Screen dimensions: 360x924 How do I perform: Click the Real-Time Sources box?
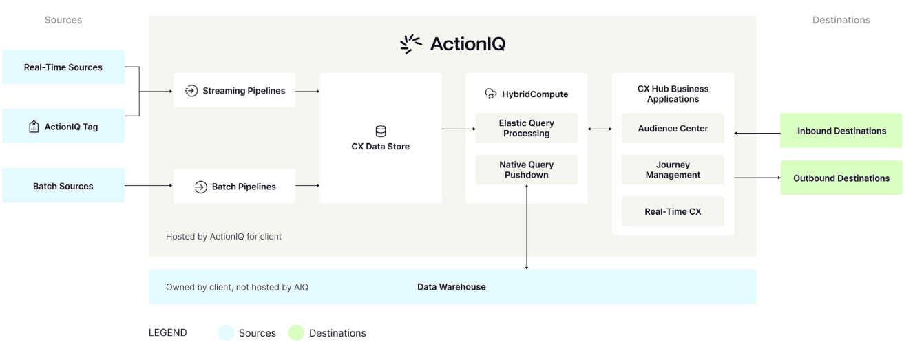coord(63,67)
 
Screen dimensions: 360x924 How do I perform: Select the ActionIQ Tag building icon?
coord(34,127)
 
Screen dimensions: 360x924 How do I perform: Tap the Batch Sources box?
coord(63,187)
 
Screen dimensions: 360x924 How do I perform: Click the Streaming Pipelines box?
coord(234,91)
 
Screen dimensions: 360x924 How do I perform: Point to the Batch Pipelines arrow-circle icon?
coord(200,187)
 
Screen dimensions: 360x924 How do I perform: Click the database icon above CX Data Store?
coord(380,131)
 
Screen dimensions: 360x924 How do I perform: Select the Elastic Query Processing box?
coord(526,128)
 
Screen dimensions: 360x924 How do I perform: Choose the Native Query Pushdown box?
coord(526,170)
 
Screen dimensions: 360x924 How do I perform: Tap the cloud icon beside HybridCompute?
coord(490,94)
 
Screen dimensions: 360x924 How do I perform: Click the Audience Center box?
coord(673,129)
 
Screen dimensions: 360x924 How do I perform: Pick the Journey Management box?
coord(673,170)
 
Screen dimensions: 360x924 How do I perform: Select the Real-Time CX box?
coord(673,212)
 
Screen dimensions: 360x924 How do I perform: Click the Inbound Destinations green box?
coord(841,131)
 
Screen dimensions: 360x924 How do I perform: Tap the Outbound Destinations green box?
coord(841,178)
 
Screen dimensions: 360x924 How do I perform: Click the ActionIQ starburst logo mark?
coord(411,44)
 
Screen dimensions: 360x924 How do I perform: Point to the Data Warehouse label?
coord(451,287)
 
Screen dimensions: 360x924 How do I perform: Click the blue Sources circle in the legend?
coord(226,333)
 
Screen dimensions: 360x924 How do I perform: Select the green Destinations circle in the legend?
coord(296,333)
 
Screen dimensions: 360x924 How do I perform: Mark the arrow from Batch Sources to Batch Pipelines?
coord(148,186)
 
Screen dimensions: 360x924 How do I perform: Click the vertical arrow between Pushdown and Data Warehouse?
coord(527,227)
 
